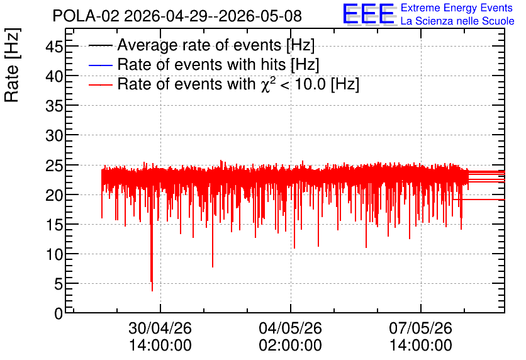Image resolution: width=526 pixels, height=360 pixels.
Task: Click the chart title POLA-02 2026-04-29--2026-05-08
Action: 177,16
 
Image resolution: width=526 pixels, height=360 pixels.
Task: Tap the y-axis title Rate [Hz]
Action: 12,65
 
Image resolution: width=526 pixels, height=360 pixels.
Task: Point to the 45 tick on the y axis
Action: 54,47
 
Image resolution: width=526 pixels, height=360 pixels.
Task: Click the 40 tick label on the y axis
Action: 54,76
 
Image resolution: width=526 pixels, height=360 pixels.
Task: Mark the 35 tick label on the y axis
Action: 54,106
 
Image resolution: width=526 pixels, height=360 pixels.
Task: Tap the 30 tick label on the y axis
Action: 54,135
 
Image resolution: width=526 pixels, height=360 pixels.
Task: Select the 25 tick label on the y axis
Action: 54,166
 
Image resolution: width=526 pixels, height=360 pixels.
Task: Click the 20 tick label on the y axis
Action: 54,195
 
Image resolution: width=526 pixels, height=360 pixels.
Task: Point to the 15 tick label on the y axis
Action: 54,225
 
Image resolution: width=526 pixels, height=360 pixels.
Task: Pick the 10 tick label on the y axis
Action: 54,254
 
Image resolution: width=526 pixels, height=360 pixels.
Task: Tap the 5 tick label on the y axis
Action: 59,284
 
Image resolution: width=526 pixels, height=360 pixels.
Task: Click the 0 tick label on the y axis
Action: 59,313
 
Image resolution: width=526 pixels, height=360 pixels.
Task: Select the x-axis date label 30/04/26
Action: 160,328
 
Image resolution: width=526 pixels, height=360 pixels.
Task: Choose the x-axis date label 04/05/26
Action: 290,328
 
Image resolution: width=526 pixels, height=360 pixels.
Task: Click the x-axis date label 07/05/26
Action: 421,328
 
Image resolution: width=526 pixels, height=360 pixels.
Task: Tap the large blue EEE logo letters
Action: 368,14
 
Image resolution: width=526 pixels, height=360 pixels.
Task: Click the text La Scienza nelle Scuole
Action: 457,21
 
